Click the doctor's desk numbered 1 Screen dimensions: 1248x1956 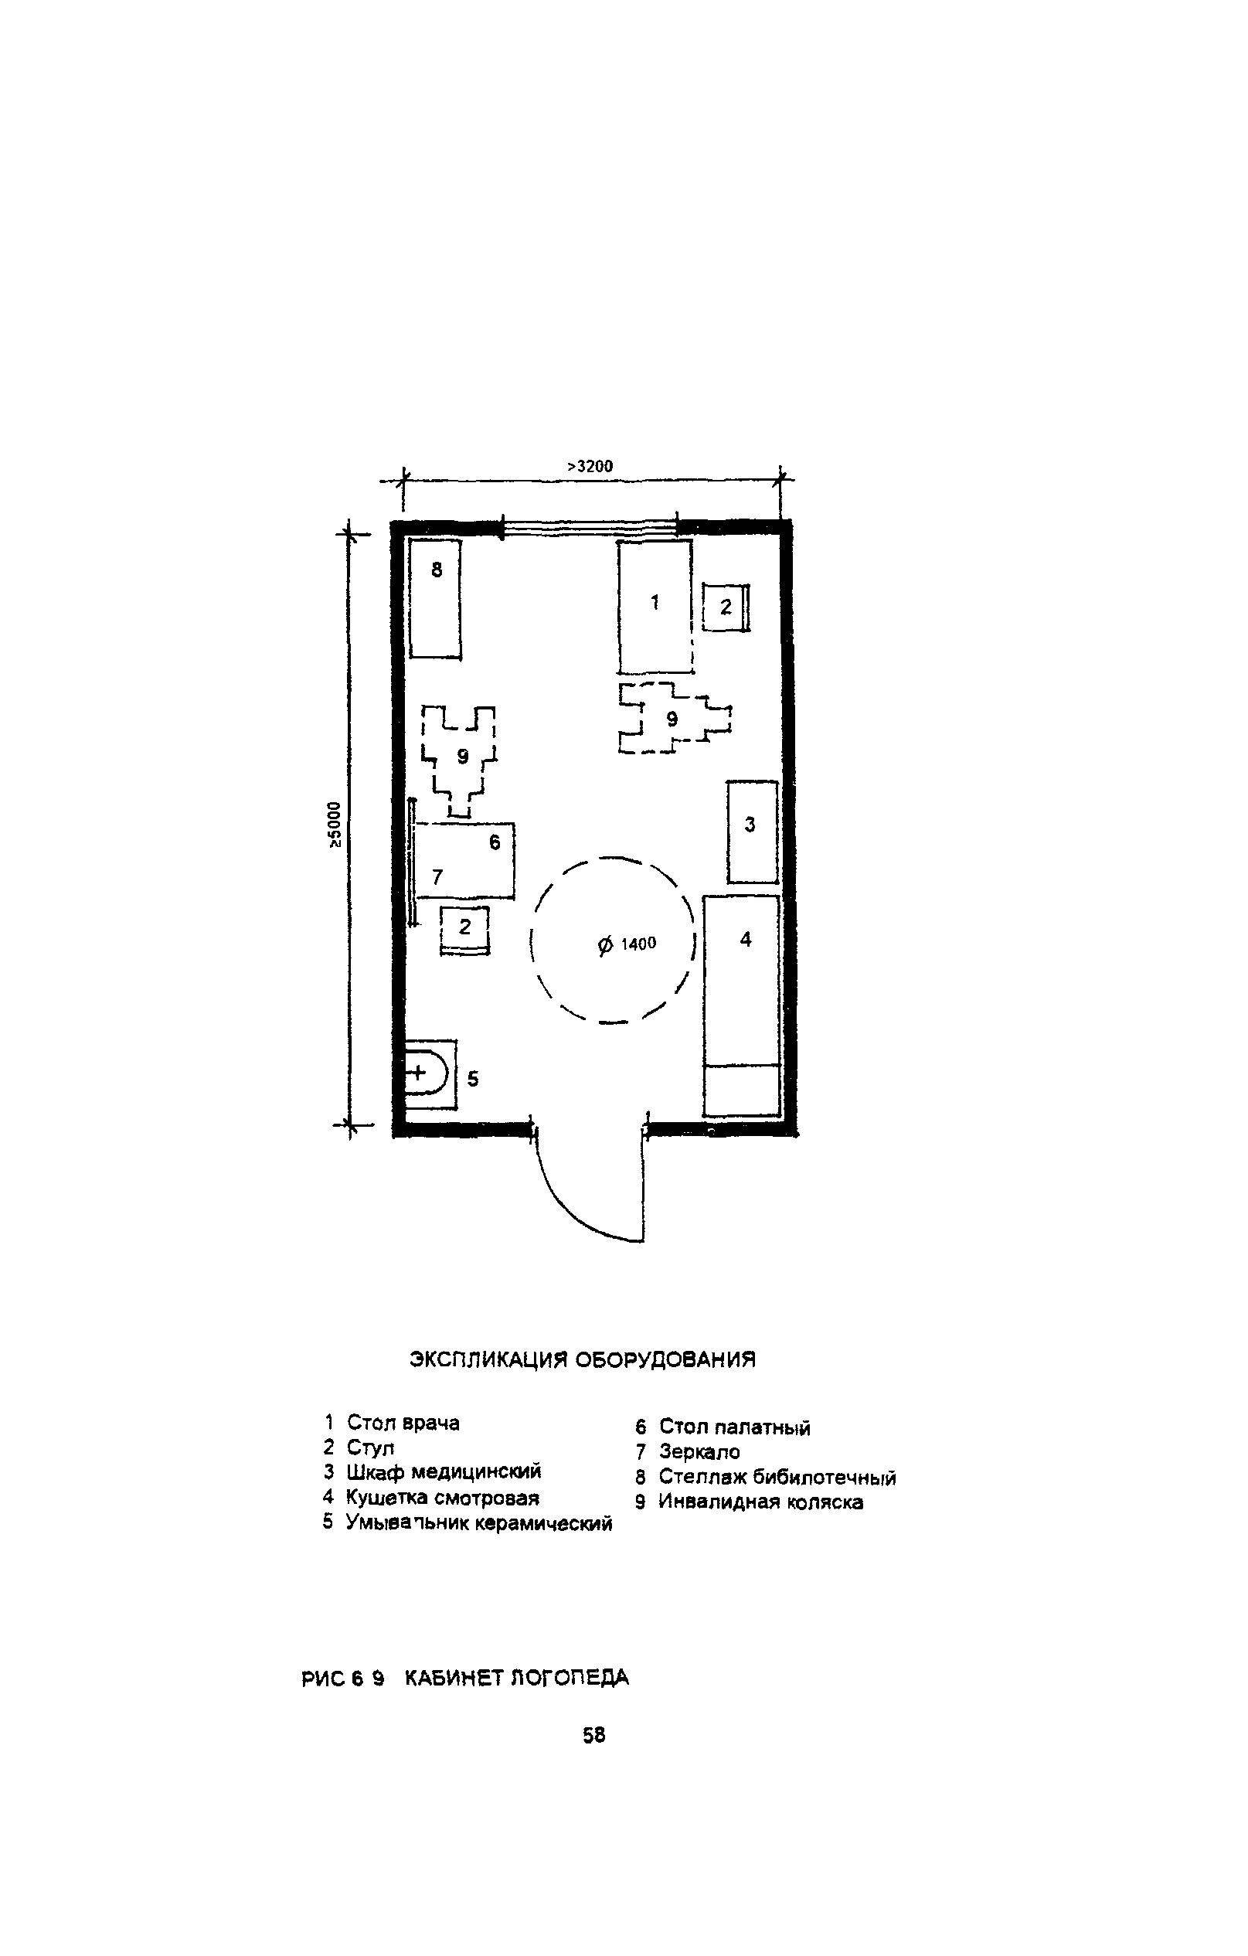pos(655,607)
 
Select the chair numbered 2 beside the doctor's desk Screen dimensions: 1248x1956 pos(725,607)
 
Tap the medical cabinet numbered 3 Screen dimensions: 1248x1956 pos(752,831)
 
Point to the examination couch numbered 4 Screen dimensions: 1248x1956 pos(742,1005)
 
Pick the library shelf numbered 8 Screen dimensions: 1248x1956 pos(435,598)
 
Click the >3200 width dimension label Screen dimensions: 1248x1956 pos(590,466)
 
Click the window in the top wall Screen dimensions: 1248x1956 pos(590,527)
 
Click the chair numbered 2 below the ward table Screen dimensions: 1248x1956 pos(465,930)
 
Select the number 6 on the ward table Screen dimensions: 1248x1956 pos(495,842)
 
